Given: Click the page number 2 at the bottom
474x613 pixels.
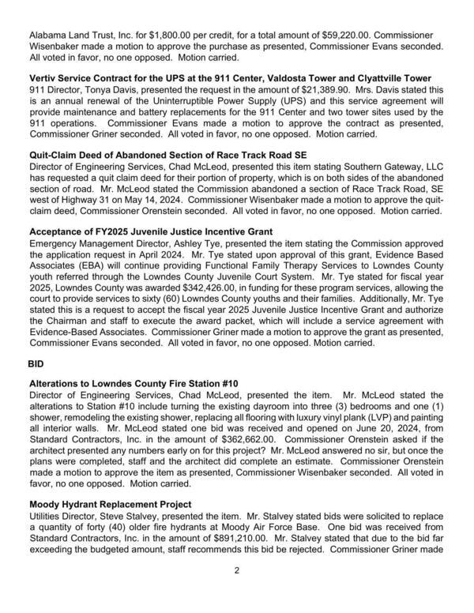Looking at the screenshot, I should tap(237, 591).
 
